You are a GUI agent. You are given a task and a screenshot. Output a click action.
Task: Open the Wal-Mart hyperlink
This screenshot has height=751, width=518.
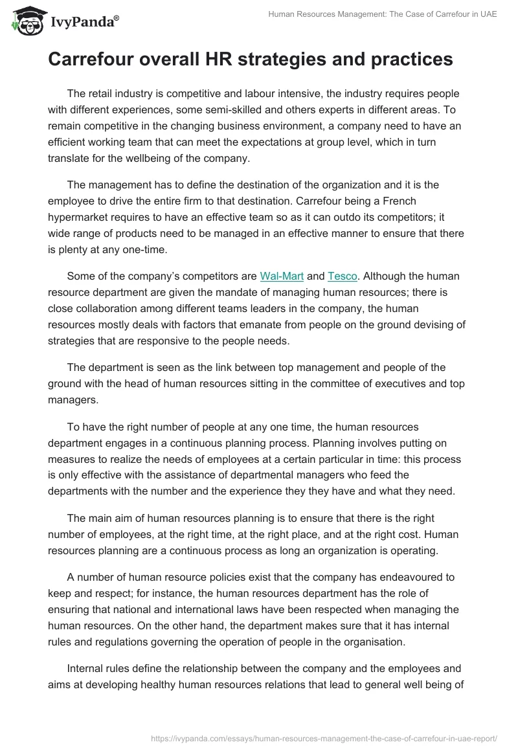pos(282,276)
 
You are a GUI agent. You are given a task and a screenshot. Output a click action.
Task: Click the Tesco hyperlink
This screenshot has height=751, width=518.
pos(343,276)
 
